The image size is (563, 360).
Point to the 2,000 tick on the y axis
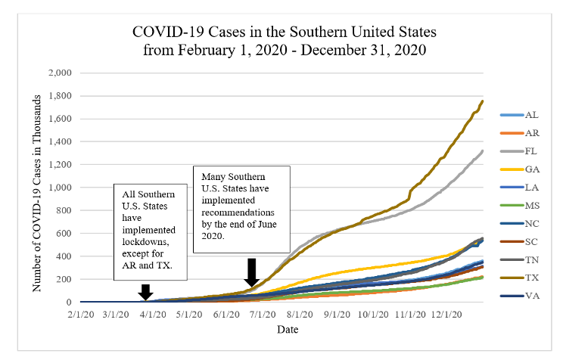click(x=60, y=73)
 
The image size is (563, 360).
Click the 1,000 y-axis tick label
click(x=60, y=188)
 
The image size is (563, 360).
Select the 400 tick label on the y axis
click(x=64, y=256)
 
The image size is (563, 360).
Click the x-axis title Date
click(x=287, y=330)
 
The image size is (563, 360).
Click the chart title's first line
click(x=284, y=33)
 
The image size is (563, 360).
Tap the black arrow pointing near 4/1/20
click(x=146, y=291)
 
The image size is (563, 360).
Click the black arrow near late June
click(x=253, y=272)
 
